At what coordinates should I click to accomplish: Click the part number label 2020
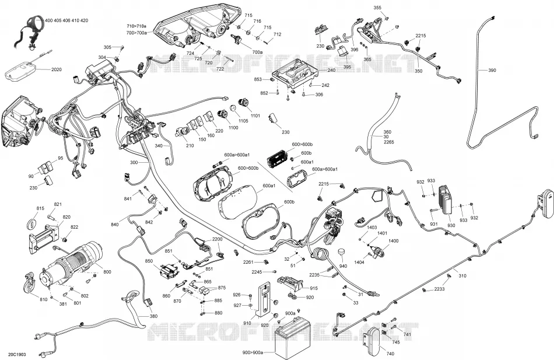coord(57,69)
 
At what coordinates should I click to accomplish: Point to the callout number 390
coord(492,71)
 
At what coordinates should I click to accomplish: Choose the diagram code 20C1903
coord(16,354)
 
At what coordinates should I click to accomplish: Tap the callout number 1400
coord(393,241)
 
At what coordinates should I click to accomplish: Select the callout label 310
coord(462,276)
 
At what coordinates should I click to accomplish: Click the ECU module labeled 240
coord(296,75)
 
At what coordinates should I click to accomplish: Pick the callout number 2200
coord(218,239)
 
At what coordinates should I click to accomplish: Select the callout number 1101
coord(255,116)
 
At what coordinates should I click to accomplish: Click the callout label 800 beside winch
coord(107,272)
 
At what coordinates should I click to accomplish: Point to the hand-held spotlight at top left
coord(30,30)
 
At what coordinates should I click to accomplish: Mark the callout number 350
coord(418,71)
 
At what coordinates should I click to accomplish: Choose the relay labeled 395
coord(343,51)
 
